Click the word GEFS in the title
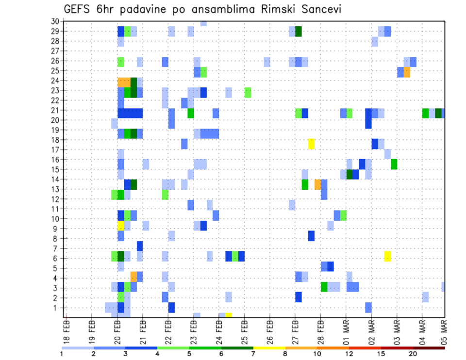tap(78, 9)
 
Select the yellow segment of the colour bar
tap(269, 348)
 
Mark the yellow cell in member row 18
tap(311, 144)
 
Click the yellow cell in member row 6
tap(387, 256)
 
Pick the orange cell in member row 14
tap(317, 184)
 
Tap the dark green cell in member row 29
tap(299, 32)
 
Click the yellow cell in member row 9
tap(121, 226)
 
